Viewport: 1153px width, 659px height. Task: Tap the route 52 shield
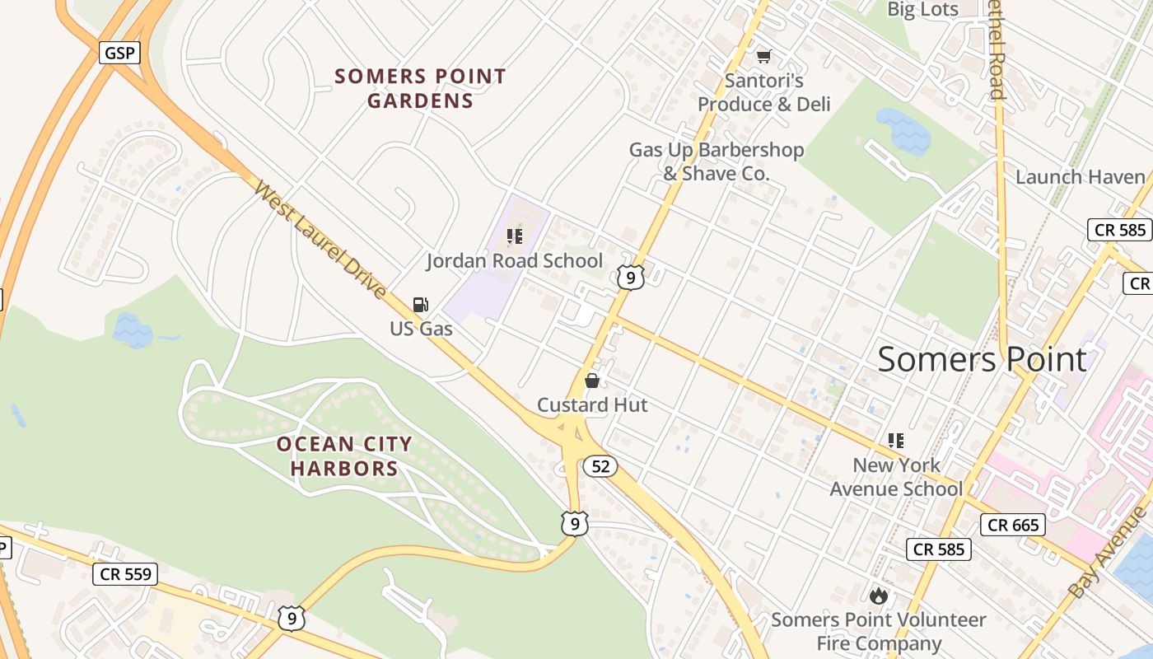pyautogui.click(x=600, y=466)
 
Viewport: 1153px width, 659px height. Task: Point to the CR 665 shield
pyautogui.click(x=1013, y=525)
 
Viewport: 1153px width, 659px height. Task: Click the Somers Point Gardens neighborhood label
pyautogui.click(x=420, y=89)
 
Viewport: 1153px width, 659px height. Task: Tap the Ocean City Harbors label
pyautogui.click(x=344, y=456)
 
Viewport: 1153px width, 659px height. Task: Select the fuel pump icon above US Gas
pyautogui.click(x=420, y=305)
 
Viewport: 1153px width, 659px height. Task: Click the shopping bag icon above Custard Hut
pyautogui.click(x=591, y=381)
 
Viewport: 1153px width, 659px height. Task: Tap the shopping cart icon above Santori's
pyautogui.click(x=763, y=56)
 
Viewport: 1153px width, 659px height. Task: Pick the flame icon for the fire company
pyautogui.click(x=878, y=595)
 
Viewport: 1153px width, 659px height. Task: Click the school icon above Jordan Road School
pyautogui.click(x=515, y=237)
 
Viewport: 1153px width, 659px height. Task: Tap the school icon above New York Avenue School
pyautogui.click(x=895, y=441)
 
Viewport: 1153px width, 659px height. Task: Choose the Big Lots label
pyautogui.click(x=922, y=10)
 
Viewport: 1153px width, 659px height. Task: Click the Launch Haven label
pyautogui.click(x=1080, y=177)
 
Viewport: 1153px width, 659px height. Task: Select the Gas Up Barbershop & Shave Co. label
pyautogui.click(x=717, y=161)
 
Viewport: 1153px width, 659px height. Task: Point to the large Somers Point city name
pyautogui.click(x=982, y=360)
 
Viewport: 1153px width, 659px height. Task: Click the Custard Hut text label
pyautogui.click(x=592, y=405)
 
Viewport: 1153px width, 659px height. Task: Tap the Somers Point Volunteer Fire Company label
pyautogui.click(x=878, y=631)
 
